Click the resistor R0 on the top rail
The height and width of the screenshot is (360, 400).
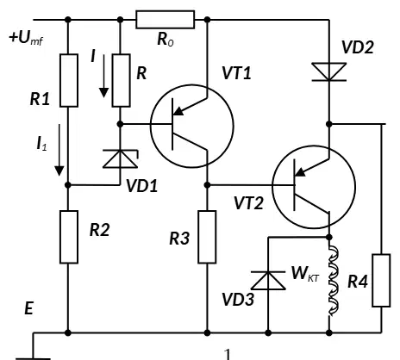pos(165,20)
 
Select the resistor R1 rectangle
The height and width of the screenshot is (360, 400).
pos(69,80)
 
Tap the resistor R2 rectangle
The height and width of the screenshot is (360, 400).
pos(69,237)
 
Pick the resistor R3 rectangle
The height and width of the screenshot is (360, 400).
pos(207,237)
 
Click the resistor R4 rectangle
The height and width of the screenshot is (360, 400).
pos(381,281)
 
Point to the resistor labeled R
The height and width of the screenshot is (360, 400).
pos(121,80)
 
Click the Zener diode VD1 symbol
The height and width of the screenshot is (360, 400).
pos(121,158)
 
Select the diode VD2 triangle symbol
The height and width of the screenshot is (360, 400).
pos(329,71)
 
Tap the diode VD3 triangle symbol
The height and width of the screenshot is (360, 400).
pos(268,280)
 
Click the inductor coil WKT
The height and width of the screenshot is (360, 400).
pos(334,281)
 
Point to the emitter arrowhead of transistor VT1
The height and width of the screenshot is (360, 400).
pos(178,110)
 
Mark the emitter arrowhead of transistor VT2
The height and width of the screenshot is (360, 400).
pos(300,171)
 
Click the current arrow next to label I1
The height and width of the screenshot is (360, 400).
pos(59,150)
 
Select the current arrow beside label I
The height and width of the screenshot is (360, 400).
pos(103,76)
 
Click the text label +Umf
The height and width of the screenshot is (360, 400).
pos(26,38)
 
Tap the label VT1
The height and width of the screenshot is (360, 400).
pos(236,73)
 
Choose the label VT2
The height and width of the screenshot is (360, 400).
pos(248,203)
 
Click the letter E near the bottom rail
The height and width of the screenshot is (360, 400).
pos(29,308)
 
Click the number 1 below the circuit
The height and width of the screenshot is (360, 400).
pos(228,354)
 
